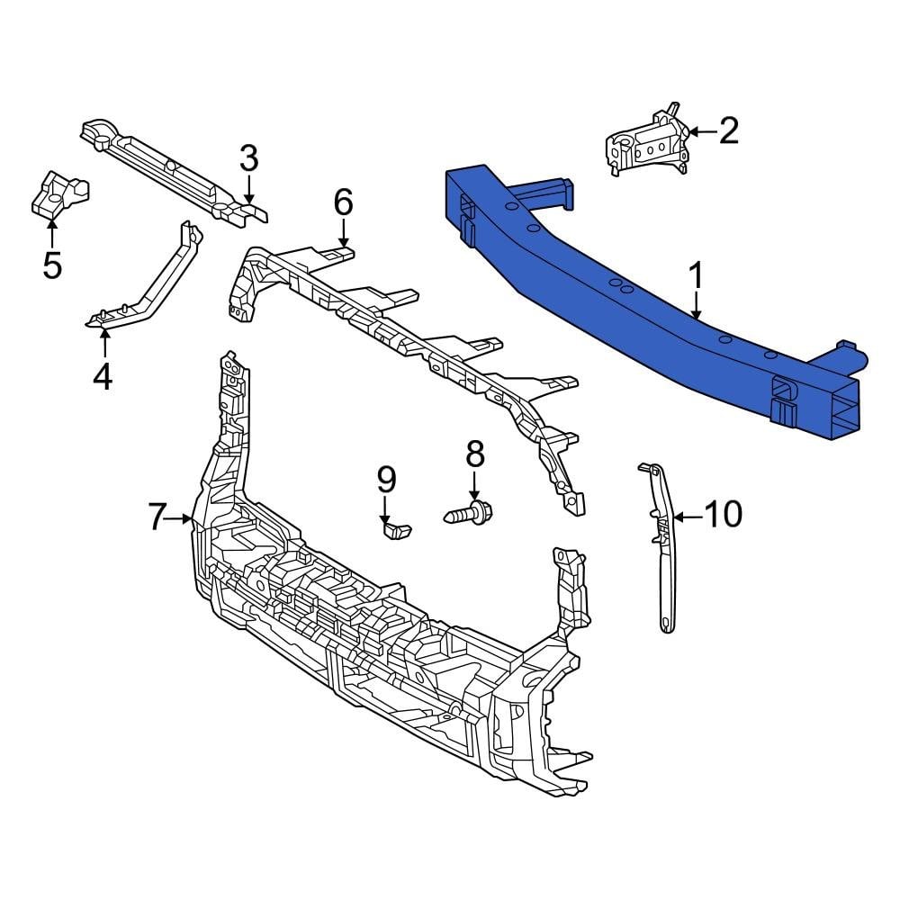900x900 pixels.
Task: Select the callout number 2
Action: [728, 131]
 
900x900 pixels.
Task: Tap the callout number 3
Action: [248, 159]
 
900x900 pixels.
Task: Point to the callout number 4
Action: [103, 375]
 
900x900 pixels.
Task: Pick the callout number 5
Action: [52, 265]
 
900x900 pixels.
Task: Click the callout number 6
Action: [343, 203]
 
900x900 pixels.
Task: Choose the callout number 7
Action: [157, 517]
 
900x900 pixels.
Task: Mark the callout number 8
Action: [474, 454]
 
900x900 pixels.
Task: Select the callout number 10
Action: [723, 516]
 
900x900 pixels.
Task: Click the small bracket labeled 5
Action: [58, 193]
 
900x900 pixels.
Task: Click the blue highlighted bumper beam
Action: [648, 297]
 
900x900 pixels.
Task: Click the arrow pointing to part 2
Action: [702, 132]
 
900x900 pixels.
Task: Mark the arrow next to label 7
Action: [182, 518]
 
